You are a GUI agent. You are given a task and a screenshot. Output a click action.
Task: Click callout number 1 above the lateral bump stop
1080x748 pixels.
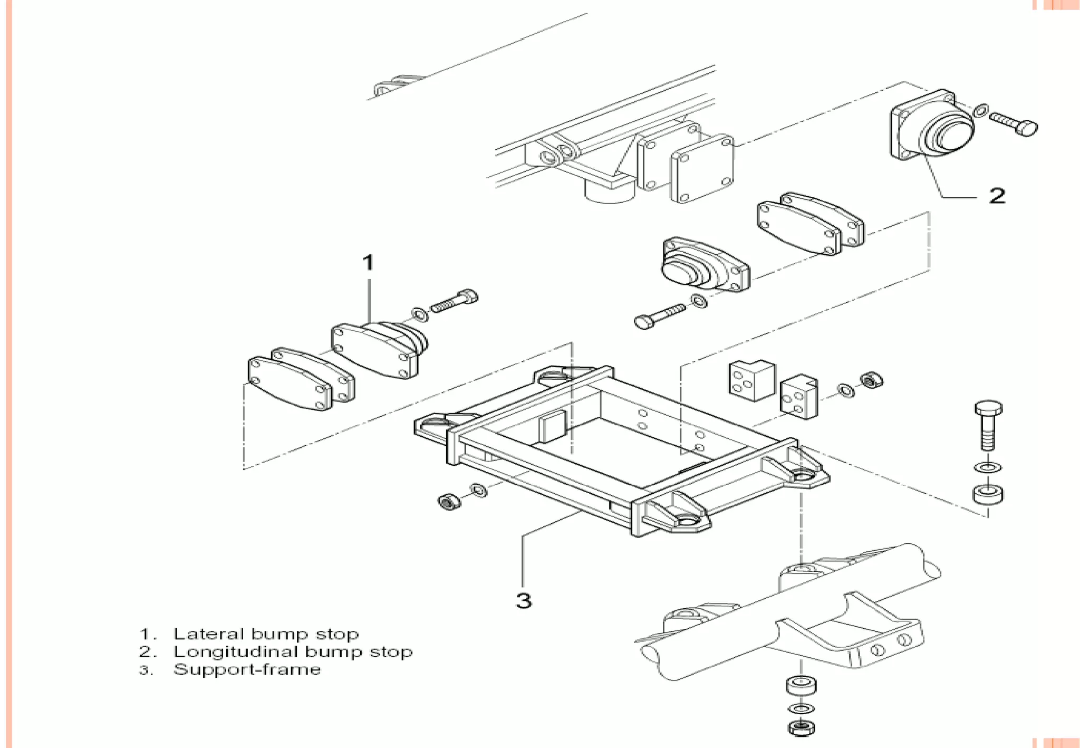click(x=368, y=263)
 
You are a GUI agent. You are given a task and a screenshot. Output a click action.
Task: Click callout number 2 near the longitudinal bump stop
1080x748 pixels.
click(x=997, y=196)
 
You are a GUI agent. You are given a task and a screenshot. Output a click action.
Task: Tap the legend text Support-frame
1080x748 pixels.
click(x=247, y=669)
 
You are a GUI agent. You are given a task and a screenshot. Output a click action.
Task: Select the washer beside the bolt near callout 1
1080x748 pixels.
click(x=420, y=314)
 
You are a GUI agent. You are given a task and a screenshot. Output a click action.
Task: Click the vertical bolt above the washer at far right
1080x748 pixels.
click(x=988, y=425)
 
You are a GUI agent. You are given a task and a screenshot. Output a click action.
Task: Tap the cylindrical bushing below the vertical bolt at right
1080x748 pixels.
click(x=988, y=494)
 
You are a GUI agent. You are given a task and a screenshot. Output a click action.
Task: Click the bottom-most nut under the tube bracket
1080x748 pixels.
click(x=801, y=728)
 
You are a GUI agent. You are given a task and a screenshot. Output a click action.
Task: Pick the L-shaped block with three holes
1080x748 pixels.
click(x=751, y=380)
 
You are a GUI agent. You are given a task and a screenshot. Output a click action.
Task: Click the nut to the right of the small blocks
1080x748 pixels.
click(x=871, y=380)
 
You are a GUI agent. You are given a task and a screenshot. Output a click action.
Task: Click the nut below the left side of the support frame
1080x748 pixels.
click(x=449, y=501)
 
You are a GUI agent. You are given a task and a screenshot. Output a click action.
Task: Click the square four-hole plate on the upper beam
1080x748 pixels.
click(x=702, y=169)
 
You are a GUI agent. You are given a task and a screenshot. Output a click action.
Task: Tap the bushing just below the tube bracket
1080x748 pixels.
click(x=801, y=685)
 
